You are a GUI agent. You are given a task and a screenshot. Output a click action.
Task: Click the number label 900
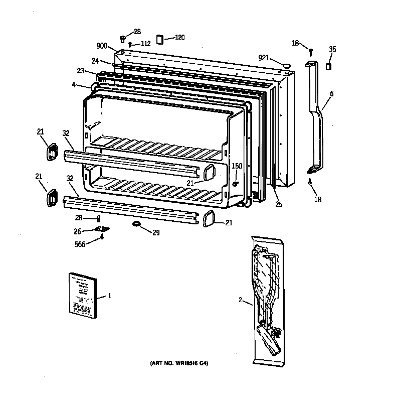coord(102,46)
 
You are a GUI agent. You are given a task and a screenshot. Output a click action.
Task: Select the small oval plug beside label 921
coord(287,65)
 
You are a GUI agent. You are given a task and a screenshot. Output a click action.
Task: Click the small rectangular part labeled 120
coord(160,39)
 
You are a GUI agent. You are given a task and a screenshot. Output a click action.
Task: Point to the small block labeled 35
coord(329,67)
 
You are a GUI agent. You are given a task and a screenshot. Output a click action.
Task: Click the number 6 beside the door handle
coord(331,94)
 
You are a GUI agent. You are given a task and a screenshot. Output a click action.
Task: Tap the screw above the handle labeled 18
coord(311,51)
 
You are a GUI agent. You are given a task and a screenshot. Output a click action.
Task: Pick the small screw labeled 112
coord(130,45)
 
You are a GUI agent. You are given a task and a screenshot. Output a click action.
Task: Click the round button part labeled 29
coord(136,223)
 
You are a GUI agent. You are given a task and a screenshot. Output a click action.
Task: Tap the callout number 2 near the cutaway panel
coord(241,300)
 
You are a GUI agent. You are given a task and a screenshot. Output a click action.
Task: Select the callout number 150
coord(237,166)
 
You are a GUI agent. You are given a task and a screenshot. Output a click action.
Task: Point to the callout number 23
coord(81,71)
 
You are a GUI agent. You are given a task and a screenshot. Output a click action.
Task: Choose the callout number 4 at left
coord(74,85)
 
